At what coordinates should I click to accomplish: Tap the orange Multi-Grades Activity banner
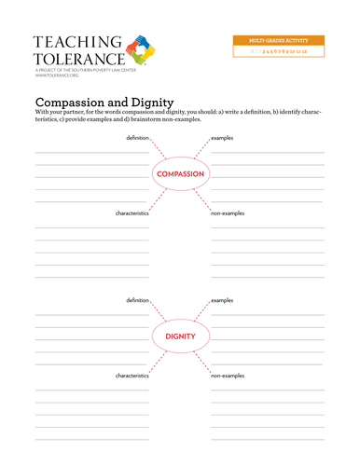coord(280,41)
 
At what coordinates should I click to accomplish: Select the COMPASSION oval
coord(179,174)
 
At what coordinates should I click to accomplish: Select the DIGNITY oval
coord(179,336)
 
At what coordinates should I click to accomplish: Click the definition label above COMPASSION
coord(138,137)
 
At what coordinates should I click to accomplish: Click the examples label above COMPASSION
coord(222,137)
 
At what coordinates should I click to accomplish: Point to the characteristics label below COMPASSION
coord(132,213)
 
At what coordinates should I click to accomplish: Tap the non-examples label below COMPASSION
coord(228,213)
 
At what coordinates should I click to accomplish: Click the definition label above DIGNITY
coord(138,300)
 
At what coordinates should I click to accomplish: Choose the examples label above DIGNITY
coord(222,300)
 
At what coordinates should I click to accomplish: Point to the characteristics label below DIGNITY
coord(132,375)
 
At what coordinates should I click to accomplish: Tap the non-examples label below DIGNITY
coord(228,375)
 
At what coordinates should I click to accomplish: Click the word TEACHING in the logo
coord(77,42)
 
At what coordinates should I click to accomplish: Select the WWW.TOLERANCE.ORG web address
coord(56,75)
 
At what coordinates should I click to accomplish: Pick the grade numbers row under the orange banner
coord(280,53)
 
